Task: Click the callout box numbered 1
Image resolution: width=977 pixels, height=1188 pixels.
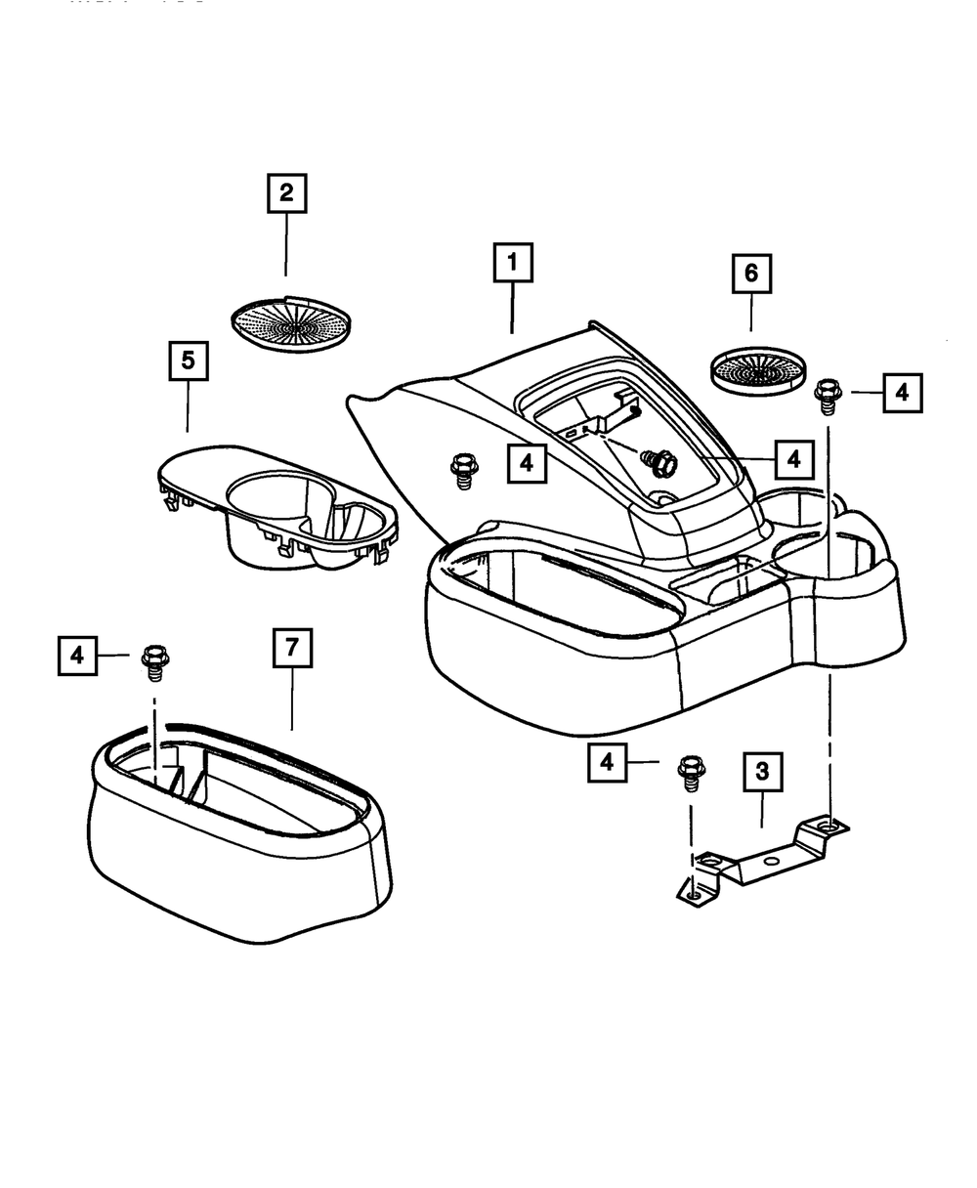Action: pyautogui.click(x=513, y=264)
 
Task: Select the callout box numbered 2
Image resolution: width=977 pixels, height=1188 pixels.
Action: pyautogui.click(x=286, y=193)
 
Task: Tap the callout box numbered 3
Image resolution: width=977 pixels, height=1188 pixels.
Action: pyautogui.click(x=762, y=771)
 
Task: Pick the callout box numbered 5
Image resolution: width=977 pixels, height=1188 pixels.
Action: pyautogui.click(x=188, y=361)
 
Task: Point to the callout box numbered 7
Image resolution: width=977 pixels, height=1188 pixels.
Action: pyautogui.click(x=292, y=649)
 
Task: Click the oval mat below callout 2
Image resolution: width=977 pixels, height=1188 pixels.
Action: pyautogui.click(x=291, y=319)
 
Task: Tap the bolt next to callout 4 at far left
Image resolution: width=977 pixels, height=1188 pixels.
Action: pyautogui.click(x=153, y=662)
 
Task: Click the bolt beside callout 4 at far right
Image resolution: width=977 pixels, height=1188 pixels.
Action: pyautogui.click(x=828, y=396)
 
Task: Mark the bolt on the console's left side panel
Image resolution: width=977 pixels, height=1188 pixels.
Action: pyautogui.click(x=461, y=469)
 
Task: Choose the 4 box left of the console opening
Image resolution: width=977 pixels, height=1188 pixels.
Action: pyautogui.click(x=527, y=463)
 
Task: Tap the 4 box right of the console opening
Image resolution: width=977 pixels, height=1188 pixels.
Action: pyautogui.click(x=793, y=457)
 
